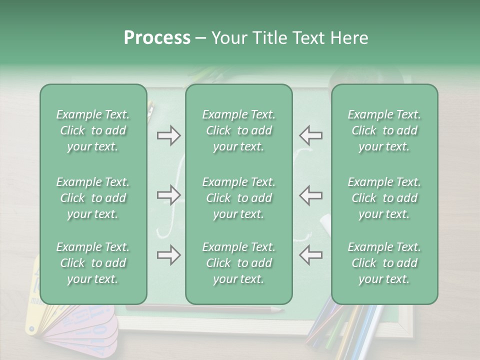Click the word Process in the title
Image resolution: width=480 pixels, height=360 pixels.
point(157,38)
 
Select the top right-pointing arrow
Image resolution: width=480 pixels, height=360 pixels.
point(168,135)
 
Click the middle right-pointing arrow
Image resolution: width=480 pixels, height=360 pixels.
point(168,195)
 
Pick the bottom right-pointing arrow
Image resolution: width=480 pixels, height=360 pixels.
point(168,255)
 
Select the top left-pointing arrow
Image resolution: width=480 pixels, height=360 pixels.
point(310,135)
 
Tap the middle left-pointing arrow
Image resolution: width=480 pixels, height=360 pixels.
point(310,195)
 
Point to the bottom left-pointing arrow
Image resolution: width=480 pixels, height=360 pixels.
point(310,255)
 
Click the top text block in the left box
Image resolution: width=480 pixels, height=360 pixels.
point(93,130)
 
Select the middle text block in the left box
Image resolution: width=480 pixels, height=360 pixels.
point(93,198)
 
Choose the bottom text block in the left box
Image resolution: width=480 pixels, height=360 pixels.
point(93,263)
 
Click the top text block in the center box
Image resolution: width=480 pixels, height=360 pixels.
point(238,130)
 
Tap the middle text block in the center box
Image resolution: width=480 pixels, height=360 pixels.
point(238,198)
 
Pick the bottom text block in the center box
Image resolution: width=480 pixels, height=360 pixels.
point(238,263)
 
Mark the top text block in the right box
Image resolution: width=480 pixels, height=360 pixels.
point(384,130)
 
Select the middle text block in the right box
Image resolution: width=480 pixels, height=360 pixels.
point(384,198)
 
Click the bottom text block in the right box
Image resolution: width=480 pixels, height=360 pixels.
point(384,263)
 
